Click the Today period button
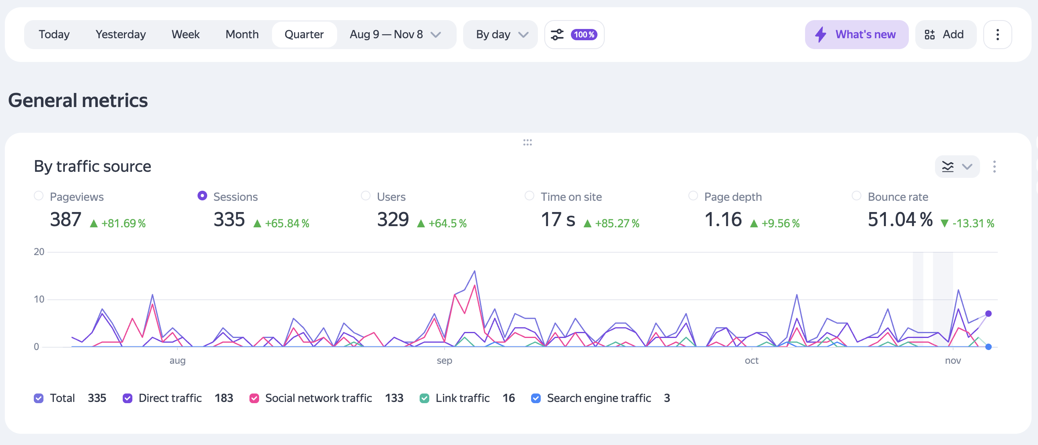54,35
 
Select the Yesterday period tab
120,35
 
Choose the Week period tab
185,35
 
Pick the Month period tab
242,35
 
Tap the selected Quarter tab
304,35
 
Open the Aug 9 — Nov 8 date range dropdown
395,35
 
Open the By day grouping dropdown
501,35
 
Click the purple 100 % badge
584,35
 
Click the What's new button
856,35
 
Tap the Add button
945,35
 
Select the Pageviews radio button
39,196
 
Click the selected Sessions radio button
202,196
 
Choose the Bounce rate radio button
856,196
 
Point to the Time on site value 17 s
558,220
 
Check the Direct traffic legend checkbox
127,398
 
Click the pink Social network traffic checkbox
254,398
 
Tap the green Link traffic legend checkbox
424,398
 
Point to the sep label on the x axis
444,361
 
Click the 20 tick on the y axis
39,252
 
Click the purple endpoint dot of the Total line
988,313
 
